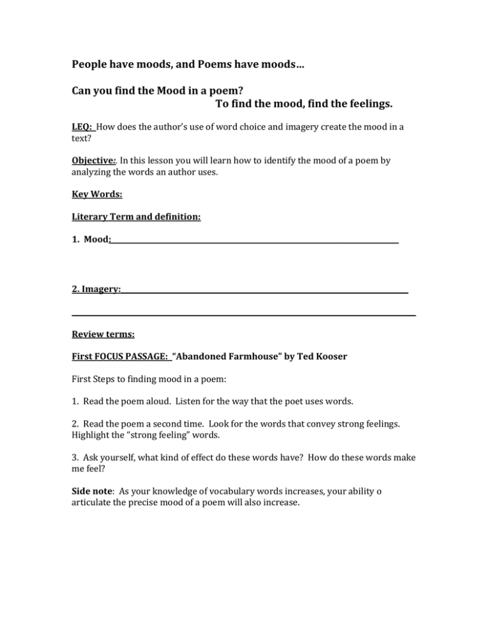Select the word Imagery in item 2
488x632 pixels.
[x=100, y=289]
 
